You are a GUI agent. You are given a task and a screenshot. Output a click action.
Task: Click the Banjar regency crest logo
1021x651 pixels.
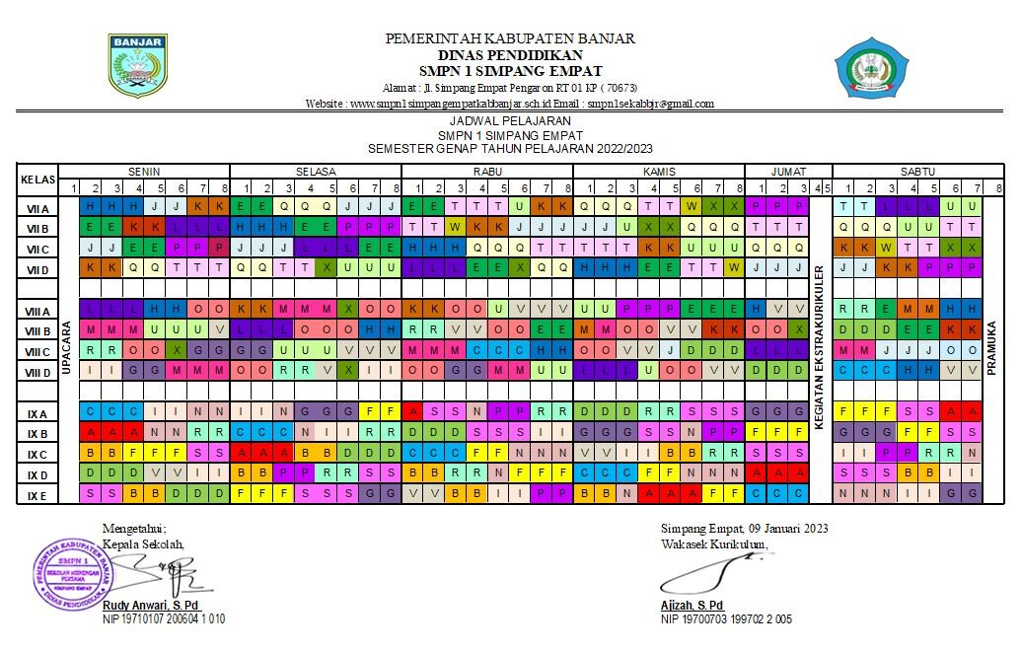137,66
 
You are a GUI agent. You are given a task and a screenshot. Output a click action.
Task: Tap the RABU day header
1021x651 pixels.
486,171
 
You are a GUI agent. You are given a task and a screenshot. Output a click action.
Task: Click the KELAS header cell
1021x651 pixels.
37,180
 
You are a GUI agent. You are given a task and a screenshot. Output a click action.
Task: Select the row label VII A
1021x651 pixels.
37,208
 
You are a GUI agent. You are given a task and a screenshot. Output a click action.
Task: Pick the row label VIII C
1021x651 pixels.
37,351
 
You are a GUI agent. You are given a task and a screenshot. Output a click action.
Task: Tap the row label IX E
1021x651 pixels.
37,494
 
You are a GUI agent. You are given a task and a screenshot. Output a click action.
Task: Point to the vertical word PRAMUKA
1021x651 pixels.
991,351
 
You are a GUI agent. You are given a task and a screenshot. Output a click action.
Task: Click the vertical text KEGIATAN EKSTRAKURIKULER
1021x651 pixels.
818,351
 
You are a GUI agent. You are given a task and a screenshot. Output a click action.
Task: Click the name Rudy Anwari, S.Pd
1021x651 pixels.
158,606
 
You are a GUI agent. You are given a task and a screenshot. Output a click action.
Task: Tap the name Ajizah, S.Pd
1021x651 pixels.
692,606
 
